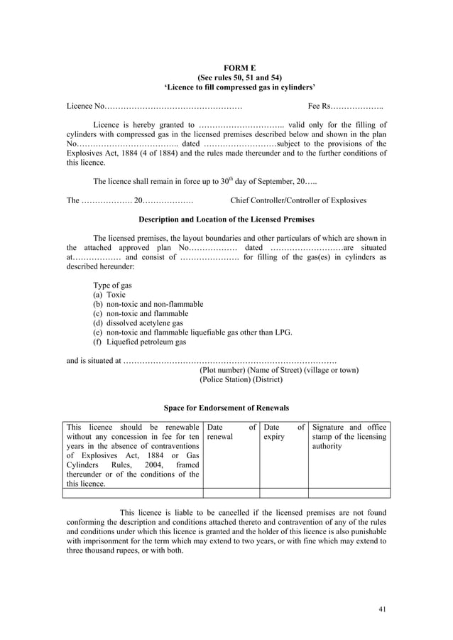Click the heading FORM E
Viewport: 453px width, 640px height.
[226, 66]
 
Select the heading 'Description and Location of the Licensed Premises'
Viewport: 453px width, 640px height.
[226, 219]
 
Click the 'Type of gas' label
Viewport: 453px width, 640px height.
[112, 285]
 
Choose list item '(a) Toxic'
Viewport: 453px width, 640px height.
[109, 294]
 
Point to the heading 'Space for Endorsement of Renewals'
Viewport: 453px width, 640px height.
[226, 408]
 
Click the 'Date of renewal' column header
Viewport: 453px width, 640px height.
[231, 432]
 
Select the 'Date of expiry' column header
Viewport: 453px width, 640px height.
[283, 432]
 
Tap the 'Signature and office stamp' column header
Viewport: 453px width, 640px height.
[349, 437]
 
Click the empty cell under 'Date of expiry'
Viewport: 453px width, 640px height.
[283, 493]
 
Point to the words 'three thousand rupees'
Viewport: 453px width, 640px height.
[104, 550]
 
